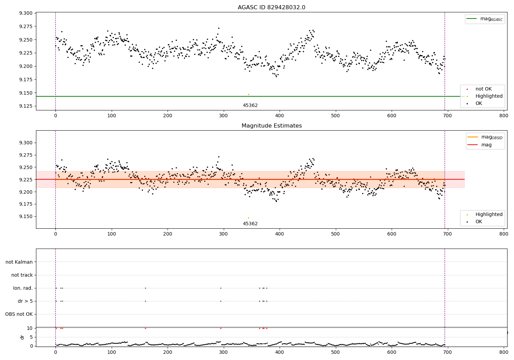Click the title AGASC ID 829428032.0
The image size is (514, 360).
[271, 8]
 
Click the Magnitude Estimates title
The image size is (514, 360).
[271, 126]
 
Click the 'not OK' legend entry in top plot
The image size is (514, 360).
[483, 89]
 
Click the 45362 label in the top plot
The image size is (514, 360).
[250, 106]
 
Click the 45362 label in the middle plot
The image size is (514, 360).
[250, 224]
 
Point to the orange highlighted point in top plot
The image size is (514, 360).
[248, 94]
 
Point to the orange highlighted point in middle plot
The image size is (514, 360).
[248, 218]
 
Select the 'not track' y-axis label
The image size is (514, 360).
[22, 275]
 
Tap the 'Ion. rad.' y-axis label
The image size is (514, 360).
[23, 288]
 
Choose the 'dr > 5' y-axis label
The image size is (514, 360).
[25, 301]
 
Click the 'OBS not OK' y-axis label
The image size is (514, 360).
[19, 314]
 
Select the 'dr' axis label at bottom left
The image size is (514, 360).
[22, 337]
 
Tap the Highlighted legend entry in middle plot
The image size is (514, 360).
[489, 214]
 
